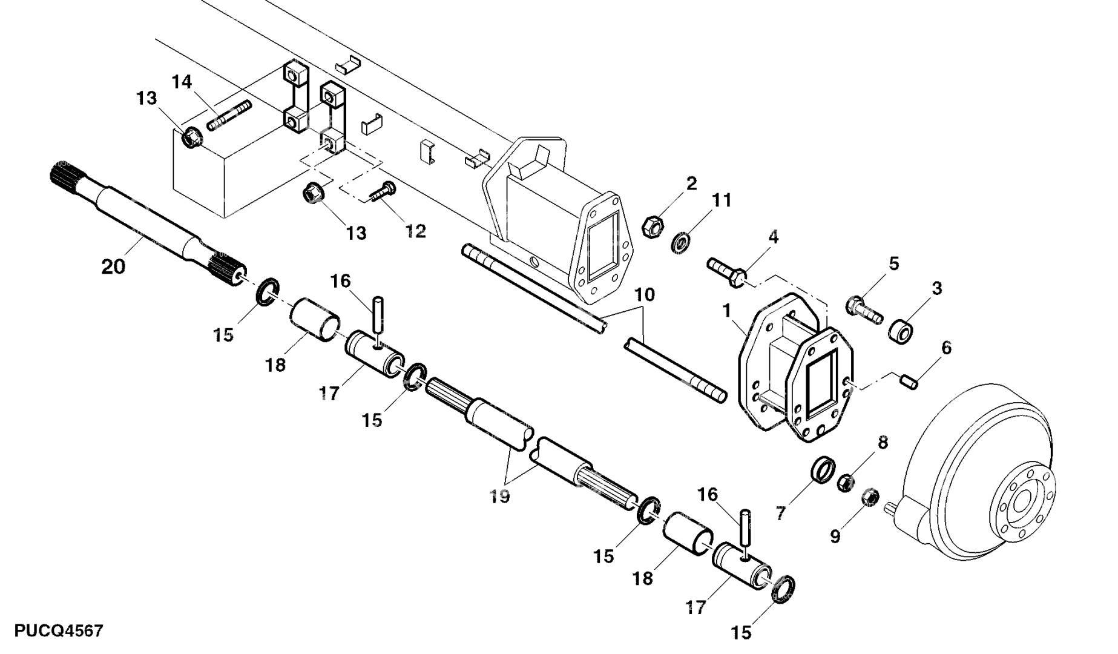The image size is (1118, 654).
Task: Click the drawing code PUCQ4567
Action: pos(59,630)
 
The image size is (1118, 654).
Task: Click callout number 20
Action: pos(113,266)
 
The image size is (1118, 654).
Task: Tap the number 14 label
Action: pos(182,82)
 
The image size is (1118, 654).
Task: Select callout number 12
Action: pos(415,231)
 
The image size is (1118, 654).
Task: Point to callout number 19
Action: pos(500,497)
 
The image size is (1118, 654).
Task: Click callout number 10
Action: pos(645,295)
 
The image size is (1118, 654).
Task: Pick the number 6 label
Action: pos(946,348)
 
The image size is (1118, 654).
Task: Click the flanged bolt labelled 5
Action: pos(866,309)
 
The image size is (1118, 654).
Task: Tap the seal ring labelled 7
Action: pos(823,471)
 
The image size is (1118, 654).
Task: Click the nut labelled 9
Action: pos(870,497)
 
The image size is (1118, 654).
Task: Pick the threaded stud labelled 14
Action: pos(229,116)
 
